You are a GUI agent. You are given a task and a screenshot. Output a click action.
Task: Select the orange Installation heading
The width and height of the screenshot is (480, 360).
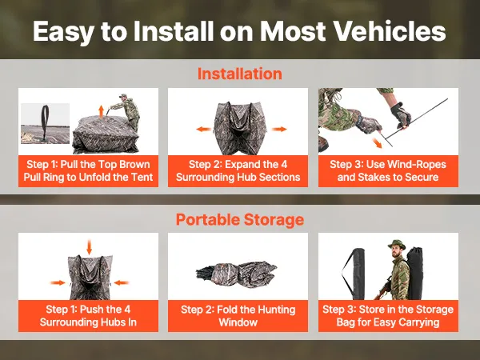[x=240, y=74]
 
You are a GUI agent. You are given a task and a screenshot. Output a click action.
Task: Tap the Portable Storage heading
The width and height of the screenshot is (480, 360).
[x=240, y=219]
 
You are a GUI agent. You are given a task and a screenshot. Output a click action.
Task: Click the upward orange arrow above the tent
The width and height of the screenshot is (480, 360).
[x=101, y=111]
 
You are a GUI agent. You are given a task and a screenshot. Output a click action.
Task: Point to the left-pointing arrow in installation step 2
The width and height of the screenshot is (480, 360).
[x=204, y=129]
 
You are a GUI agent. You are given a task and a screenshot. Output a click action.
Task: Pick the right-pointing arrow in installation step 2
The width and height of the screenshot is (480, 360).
[x=279, y=129]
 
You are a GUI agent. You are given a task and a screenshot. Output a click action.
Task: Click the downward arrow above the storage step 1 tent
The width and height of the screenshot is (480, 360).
[x=89, y=247]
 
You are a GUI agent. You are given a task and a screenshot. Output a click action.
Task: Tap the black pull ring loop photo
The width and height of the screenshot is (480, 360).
[x=46, y=122]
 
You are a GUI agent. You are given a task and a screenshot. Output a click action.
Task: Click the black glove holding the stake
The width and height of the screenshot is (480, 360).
[x=401, y=114]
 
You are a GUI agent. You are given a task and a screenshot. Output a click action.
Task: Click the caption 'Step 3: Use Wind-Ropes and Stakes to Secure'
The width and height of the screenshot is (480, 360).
[x=388, y=171]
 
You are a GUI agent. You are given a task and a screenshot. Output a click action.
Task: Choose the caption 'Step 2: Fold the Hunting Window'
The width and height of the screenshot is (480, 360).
[x=238, y=316]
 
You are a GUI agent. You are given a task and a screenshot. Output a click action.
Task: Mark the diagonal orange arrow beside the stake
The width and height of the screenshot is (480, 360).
[x=377, y=142]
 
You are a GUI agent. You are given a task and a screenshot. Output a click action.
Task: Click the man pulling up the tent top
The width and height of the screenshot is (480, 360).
[x=126, y=112]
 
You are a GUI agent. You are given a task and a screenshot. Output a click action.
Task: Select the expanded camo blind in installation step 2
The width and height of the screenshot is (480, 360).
[x=238, y=128]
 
